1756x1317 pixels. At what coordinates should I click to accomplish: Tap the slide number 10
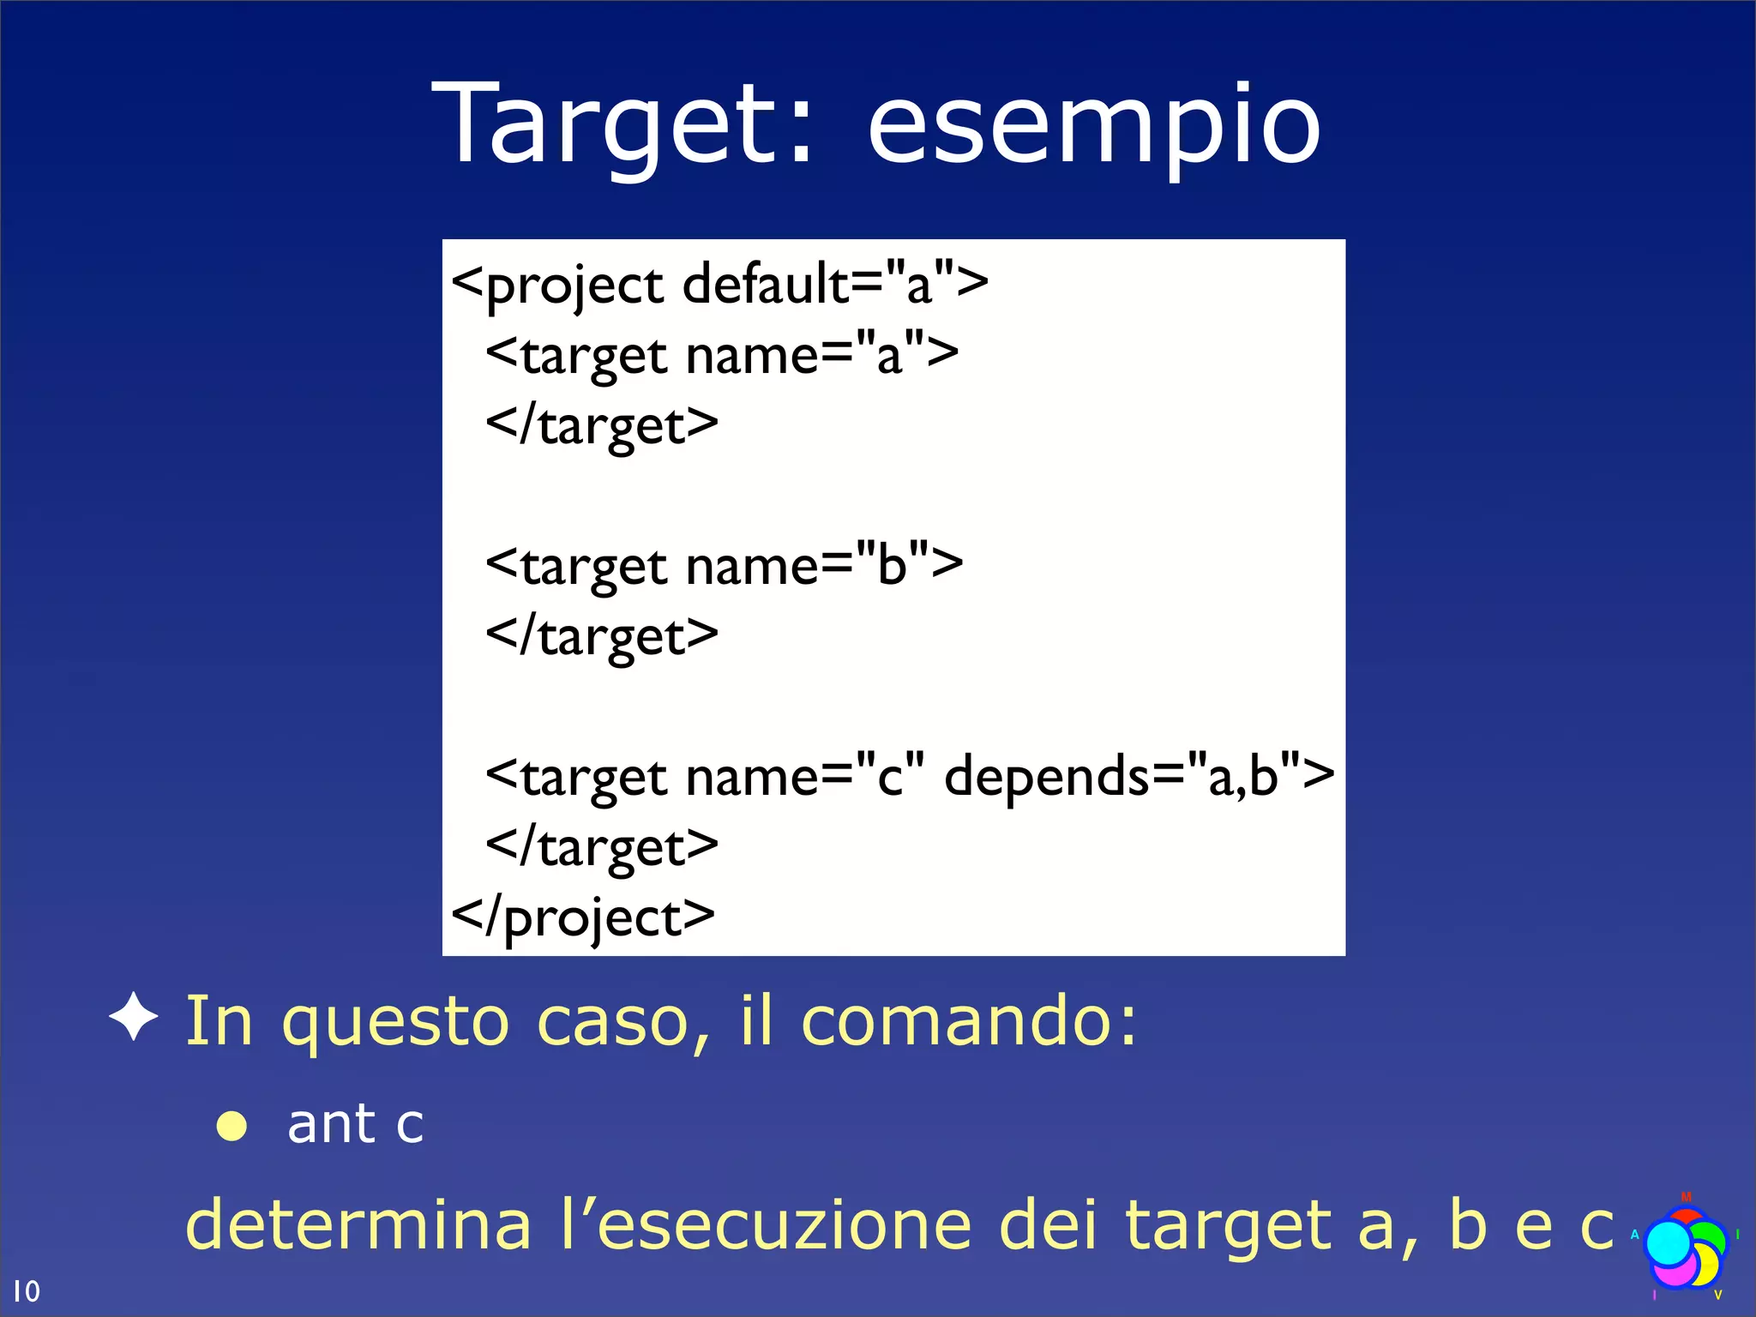tap(26, 1290)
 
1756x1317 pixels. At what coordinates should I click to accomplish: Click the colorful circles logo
tap(1684, 1248)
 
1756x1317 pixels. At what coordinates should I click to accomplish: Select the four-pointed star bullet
tap(134, 1018)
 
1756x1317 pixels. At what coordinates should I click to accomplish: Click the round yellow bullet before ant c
tap(232, 1126)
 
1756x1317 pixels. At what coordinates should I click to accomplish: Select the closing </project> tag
tap(583, 918)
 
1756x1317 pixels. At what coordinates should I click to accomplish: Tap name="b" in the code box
tap(824, 566)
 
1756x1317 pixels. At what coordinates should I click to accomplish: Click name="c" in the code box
tap(805, 777)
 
